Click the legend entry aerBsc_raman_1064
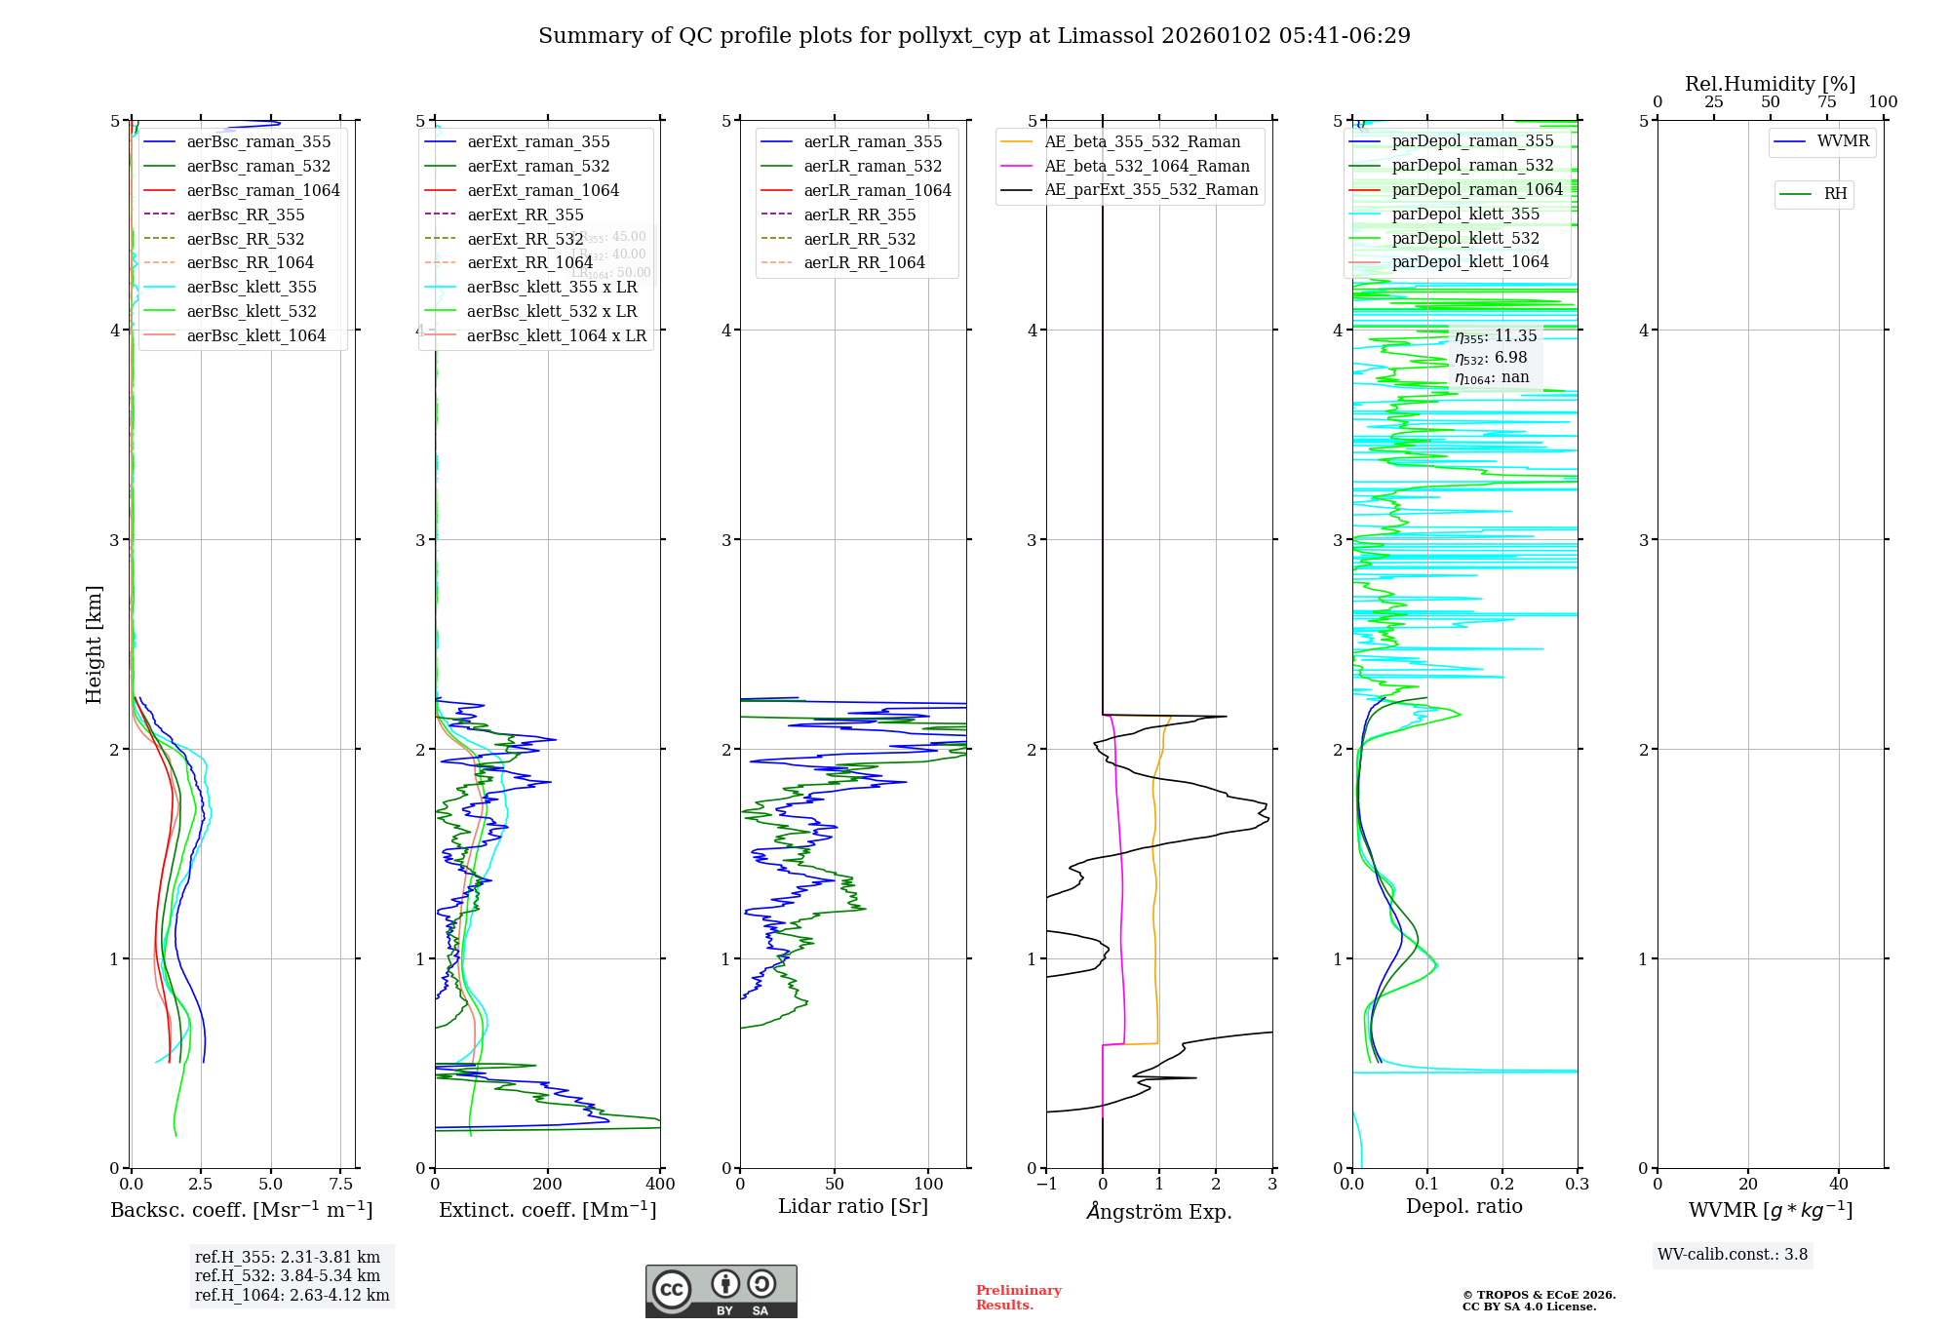(x=263, y=190)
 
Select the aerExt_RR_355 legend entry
(x=525, y=214)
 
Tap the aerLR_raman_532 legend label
(x=873, y=166)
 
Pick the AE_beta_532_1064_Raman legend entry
(x=1147, y=166)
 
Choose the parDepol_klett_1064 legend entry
(x=1469, y=261)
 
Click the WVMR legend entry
(x=1843, y=141)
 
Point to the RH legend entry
(x=1835, y=194)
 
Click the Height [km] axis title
(x=94, y=643)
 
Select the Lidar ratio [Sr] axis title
(x=853, y=1206)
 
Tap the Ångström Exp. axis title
(x=1159, y=1211)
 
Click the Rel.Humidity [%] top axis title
(x=1770, y=84)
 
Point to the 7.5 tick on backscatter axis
(x=340, y=1185)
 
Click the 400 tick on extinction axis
(x=660, y=1185)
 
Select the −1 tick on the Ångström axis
(x=1046, y=1185)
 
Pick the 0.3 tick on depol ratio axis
(x=1577, y=1185)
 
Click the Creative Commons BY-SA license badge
(x=721, y=1291)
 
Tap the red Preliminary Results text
(x=1018, y=1297)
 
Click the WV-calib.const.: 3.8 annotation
(x=1732, y=1254)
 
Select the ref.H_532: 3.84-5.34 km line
(x=288, y=1275)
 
